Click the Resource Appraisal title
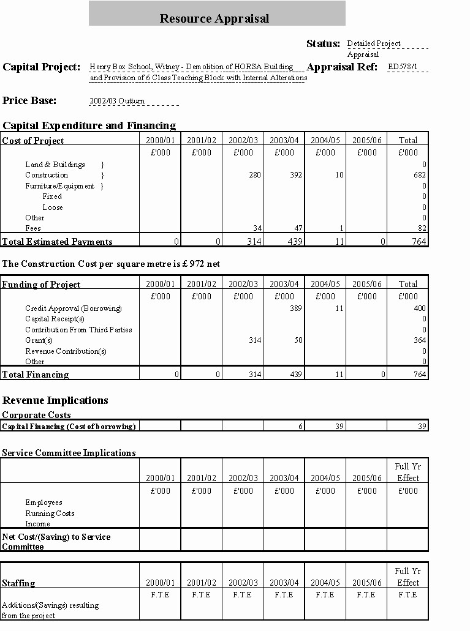click(x=214, y=18)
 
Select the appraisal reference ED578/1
click(x=403, y=66)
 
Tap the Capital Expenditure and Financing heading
click(x=89, y=125)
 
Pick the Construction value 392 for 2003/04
click(x=296, y=175)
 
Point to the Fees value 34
click(x=257, y=228)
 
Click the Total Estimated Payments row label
click(x=58, y=242)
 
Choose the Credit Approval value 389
click(x=295, y=308)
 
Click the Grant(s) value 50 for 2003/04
click(x=298, y=340)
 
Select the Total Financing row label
click(x=36, y=375)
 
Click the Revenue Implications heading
click(x=56, y=400)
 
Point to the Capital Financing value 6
click(x=300, y=426)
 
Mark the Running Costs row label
click(x=50, y=513)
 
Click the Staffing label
click(x=18, y=583)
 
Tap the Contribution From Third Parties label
click(x=78, y=330)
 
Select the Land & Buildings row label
click(x=55, y=165)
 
